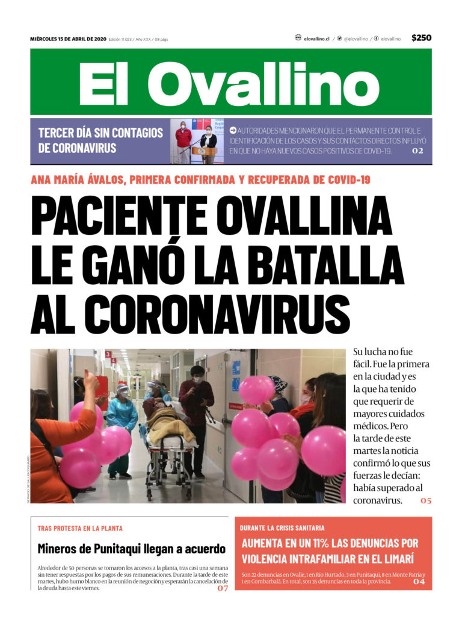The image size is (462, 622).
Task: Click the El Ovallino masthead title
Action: (230, 82)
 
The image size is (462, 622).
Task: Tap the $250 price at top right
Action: (421, 38)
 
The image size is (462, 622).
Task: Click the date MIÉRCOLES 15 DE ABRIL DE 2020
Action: (68, 39)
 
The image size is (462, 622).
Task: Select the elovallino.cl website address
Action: (316, 39)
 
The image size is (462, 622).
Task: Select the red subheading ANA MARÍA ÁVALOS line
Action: (200, 179)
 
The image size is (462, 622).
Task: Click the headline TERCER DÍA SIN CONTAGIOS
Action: (100, 140)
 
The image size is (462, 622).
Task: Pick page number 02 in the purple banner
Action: (417, 151)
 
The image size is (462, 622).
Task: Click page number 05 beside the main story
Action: (426, 500)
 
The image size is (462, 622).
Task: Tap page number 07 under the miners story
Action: (223, 588)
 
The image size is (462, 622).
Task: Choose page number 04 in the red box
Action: (419, 582)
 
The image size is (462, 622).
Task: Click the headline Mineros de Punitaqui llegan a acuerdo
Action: (131, 549)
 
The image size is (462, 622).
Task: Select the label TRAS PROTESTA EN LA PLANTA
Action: (80, 528)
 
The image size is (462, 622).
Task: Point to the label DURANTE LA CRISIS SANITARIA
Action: (282, 527)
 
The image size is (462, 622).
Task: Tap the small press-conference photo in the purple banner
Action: (197, 142)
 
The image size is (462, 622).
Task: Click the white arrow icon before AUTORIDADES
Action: (232, 130)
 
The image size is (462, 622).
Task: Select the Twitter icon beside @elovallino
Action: (339, 38)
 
